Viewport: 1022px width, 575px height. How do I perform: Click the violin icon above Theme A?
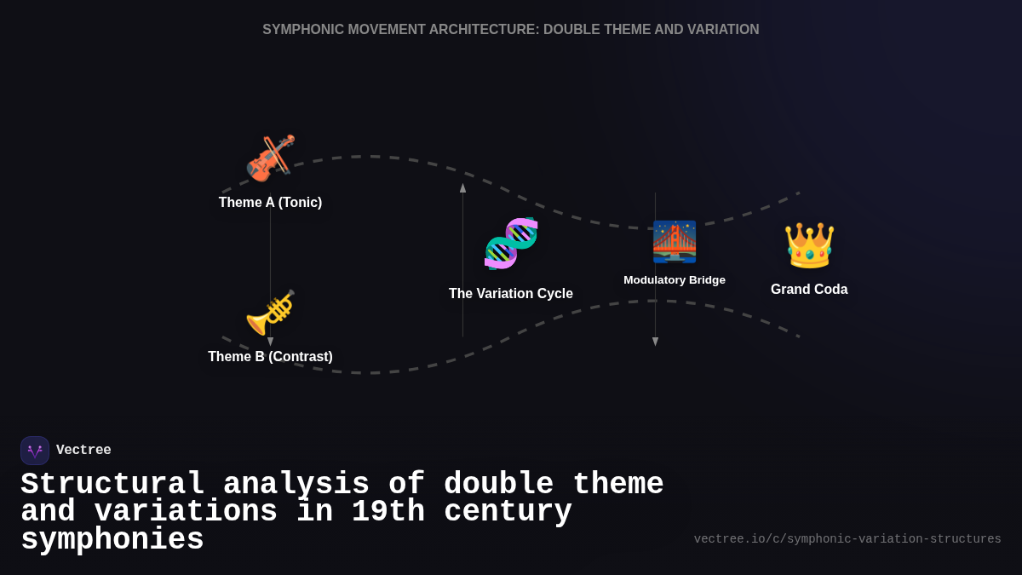pos(270,158)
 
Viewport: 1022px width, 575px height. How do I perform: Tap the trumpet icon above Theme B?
pos(270,313)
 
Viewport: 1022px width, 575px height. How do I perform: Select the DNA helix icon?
pos(511,244)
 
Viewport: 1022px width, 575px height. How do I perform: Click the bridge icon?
pos(675,242)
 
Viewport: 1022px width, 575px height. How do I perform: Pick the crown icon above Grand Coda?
pos(809,245)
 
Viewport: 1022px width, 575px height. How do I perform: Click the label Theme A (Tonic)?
pos(270,203)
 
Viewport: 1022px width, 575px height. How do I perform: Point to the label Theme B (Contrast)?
pos(270,357)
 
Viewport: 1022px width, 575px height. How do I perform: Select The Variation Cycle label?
pos(511,294)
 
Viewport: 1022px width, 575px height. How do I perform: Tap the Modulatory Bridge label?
pos(675,280)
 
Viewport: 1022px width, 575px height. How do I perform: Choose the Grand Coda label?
pos(809,290)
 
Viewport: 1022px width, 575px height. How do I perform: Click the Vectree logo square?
pos(35,451)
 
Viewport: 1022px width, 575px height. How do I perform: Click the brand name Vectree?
pos(83,451)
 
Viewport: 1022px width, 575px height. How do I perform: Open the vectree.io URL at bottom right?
pos(847,539)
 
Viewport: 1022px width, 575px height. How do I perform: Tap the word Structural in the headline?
pos(113,485)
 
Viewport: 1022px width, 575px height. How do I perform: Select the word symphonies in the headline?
pos(112,540)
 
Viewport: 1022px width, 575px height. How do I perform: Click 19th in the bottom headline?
pos(388,512)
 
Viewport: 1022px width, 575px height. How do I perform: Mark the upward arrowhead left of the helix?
pos(463,187)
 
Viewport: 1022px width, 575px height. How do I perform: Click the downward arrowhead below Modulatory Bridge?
pos(656,342)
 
